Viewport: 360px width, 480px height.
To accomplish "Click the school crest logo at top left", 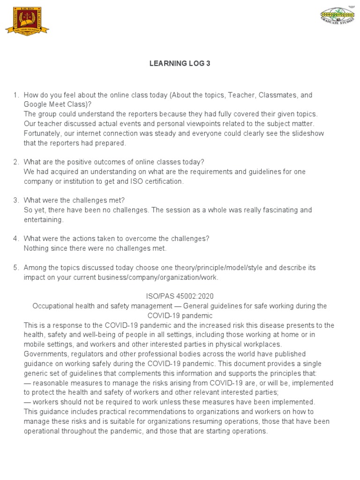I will pyautogui.click(x=27, y=20).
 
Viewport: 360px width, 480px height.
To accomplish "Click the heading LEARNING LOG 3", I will pyautogui.click(x=180, y=64).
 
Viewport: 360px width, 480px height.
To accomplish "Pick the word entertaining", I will pyautogui.click(x=43, y=220).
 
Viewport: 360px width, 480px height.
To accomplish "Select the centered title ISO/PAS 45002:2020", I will pyautogui.click(x=180, y=296).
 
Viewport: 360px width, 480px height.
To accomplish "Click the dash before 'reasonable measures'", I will pyautogui.click(x=27, y=383).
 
